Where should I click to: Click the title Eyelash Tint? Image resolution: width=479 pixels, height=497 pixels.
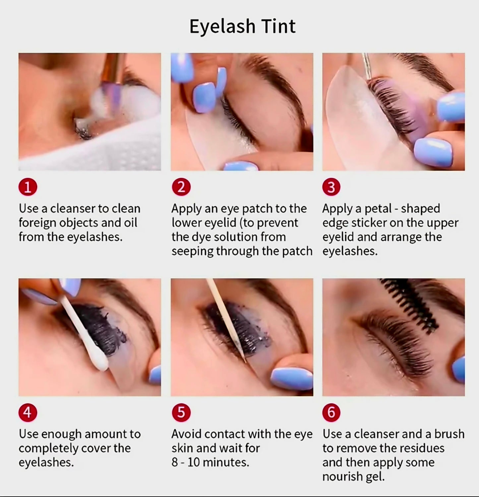[x=242, y=27]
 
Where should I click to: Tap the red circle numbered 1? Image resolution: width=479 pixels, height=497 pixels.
[x=28, y=187]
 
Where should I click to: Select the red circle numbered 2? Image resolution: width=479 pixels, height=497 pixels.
[x=181, y=187]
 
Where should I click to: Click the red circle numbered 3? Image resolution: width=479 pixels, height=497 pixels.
[x=331, y=187]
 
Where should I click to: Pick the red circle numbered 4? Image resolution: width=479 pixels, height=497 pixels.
[x=28, y=412]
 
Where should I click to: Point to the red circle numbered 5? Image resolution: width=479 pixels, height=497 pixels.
[x=181, y=412]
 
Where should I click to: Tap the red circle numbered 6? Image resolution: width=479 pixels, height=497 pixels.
[x=331, y=412]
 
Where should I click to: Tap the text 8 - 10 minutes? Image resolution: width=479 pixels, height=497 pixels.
[x=210, y=462]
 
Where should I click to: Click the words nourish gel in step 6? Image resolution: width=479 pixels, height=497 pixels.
[x=353, y=477]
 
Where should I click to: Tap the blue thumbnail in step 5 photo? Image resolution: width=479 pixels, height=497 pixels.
[x=291, y=377]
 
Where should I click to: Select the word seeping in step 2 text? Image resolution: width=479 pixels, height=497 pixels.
[x=192, y=251]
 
